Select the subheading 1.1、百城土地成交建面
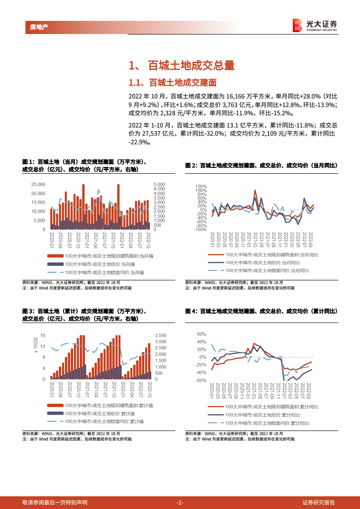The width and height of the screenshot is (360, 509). pyautogui.click(x=173, y=83)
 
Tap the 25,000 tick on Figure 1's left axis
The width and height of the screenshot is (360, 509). pyautogui.click(x=38, y=185)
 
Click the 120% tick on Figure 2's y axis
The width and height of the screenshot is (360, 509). pyautogui.click(x=201, y=186)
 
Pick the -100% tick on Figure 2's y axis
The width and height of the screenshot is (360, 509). pyautogui.click(x=199, y=230)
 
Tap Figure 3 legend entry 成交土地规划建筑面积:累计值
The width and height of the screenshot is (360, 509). pyautogui.click(x=109, y=405)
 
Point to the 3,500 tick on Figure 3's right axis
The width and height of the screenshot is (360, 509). pyautogui.click(x=161, y=335)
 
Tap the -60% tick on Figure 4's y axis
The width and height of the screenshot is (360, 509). pyautogui.click(x=201, y=380)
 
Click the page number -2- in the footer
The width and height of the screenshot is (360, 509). pyautogui.click(x=180, y=503)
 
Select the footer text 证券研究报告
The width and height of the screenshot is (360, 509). pyautogui.click(x=319, y=503)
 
